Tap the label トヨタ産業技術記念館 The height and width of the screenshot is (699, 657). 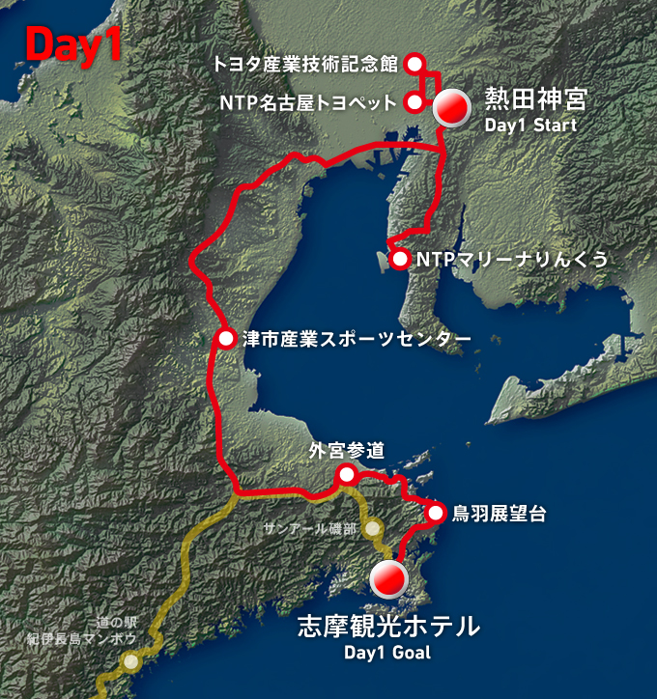(306, 65)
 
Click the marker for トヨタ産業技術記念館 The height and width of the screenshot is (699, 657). (415, 64)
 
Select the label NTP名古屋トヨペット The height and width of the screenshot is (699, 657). (308, 102)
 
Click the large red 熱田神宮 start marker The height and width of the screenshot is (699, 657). (450, 108)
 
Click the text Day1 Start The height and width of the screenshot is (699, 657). (530, 126)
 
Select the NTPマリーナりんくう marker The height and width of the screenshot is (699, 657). (399, 259)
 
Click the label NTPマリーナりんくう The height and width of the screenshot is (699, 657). (511, 259)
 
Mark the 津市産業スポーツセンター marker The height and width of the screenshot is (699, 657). (226, 339)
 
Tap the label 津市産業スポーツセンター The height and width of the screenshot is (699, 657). (357, 339)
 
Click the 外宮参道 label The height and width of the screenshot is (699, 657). (347, 449)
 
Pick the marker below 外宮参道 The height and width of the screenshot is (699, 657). (345, 474)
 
